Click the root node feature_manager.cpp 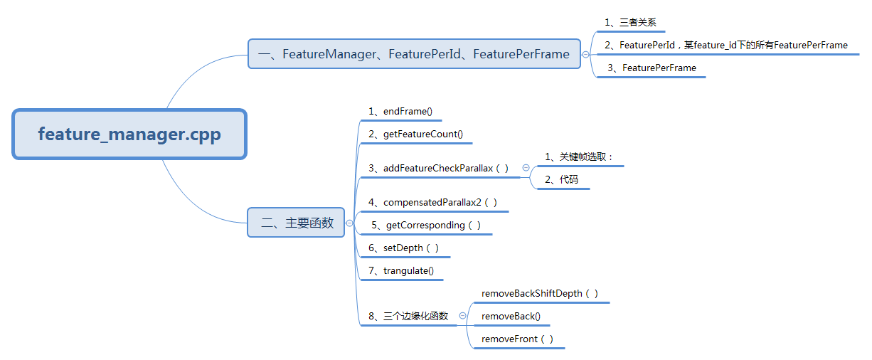point(129,134)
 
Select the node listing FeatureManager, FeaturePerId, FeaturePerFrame point(413,54)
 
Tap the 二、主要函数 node point(296,223)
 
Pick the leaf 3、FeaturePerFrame point(652,68)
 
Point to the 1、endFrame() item point(400,111)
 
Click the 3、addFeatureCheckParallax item point(439,168)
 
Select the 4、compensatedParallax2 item point(432,202)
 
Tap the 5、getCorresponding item point(426,225)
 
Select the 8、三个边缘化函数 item point(408,316)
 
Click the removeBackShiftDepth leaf point(540,293)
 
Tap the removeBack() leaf point(511,316)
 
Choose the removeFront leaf point(517,339)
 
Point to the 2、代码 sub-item point(562,179)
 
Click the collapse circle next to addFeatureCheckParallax point(526,168)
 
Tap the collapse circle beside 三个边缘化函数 point(463,316)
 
